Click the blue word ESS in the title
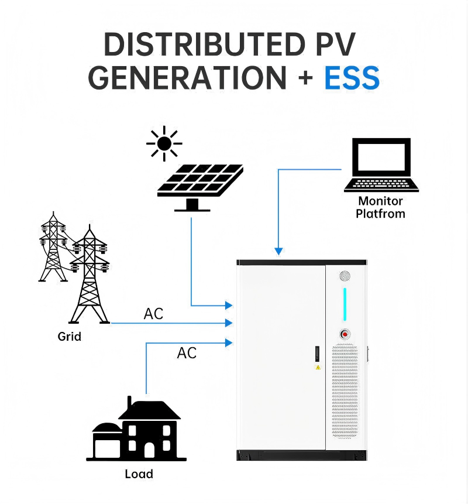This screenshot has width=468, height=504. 352,77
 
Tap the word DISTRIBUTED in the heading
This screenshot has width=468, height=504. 205,44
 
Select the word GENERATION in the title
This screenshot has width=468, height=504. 187,77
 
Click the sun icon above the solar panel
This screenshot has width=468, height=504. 164,143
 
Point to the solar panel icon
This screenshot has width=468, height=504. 200,187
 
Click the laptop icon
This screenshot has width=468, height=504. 381,165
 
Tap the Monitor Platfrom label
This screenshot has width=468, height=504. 380,207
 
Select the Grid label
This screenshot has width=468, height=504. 70,337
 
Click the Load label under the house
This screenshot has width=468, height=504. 139,474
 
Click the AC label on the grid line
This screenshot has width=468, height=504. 153,314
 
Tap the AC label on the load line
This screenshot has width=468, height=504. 187,353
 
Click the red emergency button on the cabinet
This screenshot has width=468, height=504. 345,334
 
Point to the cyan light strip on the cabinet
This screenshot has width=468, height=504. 345,304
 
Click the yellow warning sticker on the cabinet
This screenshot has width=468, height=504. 318,368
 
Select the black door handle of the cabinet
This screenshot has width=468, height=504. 317,354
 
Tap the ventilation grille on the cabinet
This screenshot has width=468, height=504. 345,391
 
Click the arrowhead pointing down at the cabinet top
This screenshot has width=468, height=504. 278,251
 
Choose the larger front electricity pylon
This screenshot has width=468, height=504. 90,275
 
